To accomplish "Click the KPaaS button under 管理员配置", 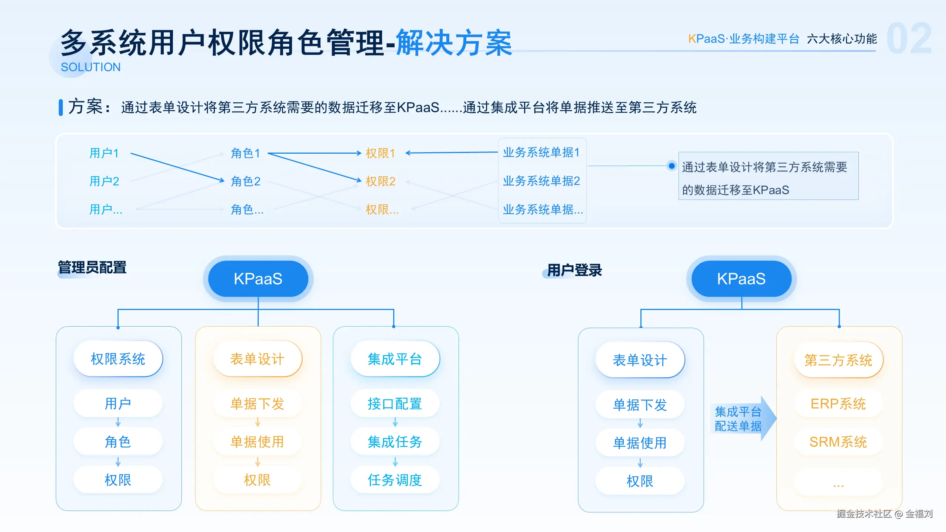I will [x=258, y=279].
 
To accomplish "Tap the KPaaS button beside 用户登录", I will [x=741, y=279].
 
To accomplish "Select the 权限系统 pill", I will [x=118, y=359].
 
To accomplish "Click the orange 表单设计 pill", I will [x=258, y=359].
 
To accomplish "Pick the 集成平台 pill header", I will [x=395, y=359].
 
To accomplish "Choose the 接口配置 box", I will [x=395, y=404].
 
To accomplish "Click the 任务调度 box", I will [x=395, y=480].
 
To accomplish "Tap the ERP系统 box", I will [x=838, y=404].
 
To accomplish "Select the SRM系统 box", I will [x=838, y=442].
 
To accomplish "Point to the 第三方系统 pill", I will [x=838, y=360].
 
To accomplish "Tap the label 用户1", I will [x=104, y=153].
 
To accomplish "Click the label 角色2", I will [x=246, y=181].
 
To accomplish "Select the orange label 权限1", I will [x=381, y=153].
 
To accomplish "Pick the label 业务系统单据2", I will [x=541, y=181].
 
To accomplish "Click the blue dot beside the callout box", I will [x=672, y=166].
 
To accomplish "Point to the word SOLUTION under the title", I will [x=91, y=67].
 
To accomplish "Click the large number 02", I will [x=909, y=39].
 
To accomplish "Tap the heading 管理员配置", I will [x=92, y=267].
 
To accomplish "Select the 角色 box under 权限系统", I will [x=118, y=442].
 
